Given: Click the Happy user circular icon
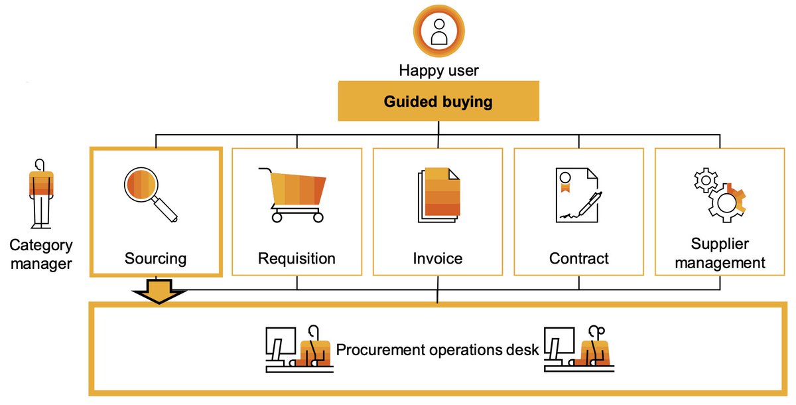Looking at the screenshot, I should click(438, 31).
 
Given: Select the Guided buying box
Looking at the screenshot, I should click(438, 102).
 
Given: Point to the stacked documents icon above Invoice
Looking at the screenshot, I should click(438, 195).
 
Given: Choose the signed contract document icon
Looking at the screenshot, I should click(578, 195).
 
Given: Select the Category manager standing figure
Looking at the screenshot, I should click(41, 194).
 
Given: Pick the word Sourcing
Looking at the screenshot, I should click(155, 258).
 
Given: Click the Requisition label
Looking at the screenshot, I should click(297, 258).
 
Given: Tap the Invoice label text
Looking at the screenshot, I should click(437, 258).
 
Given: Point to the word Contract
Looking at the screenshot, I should click(578, 258).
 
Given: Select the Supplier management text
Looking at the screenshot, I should click(719, 253).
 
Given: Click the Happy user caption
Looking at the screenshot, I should click(438, 70).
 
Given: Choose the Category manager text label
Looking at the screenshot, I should click(41, 254).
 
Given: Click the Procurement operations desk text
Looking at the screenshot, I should click(438, 349).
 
